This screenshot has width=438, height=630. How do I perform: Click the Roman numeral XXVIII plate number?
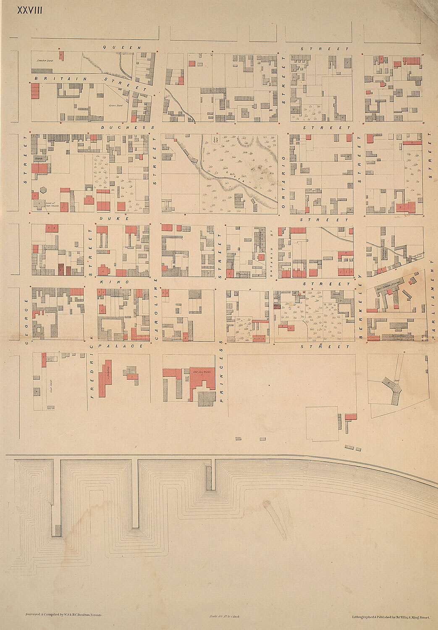pyautogui.click(x=29, y=10)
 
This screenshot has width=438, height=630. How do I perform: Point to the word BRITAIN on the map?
pyautogui.click(x=61, y=79)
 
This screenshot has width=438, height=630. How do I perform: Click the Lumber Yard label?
pyautogui.click(x=44, y=61)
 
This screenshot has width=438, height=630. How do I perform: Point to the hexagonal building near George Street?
pyautogui.click(x=43, y=190)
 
